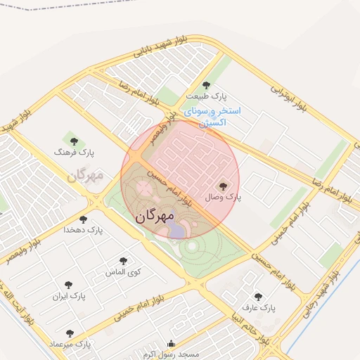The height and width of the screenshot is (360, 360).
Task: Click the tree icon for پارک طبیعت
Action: [x=205, y=85]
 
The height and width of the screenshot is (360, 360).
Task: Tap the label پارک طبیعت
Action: [x=206, y=96]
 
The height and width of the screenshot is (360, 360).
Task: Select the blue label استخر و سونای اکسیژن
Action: [x=213, y=117]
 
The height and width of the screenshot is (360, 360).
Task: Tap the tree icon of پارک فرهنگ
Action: [x=74, y=141]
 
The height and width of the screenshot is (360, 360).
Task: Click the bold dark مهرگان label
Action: [x=153, y=217]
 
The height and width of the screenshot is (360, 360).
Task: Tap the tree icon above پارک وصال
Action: [x=223, y=186]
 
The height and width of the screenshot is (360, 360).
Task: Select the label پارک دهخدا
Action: [x=83, y=230]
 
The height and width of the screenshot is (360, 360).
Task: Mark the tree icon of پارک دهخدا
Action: [x=83, y=219]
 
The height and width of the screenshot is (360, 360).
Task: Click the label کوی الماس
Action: [x=123, y=271]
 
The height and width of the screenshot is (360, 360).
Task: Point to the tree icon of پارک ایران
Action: [x=68, y=285]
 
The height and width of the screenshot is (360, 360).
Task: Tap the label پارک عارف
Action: [x=258, y=308]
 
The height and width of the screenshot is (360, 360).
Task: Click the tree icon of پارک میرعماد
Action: [x=69, y=333]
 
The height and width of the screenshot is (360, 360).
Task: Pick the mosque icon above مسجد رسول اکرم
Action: [x=171, y=344]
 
